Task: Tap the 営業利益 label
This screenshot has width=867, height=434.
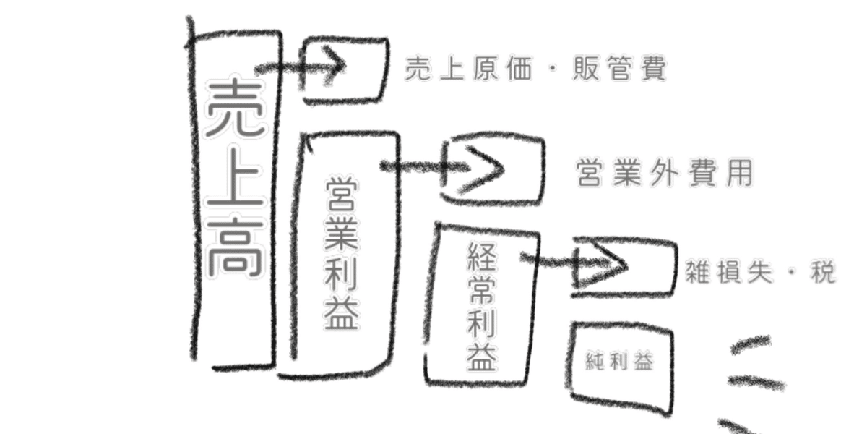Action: (x=342, y=253)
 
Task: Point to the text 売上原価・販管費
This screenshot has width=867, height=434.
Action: (x=535, y=69)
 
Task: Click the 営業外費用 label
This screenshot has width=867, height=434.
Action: (x=665, y=174)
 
